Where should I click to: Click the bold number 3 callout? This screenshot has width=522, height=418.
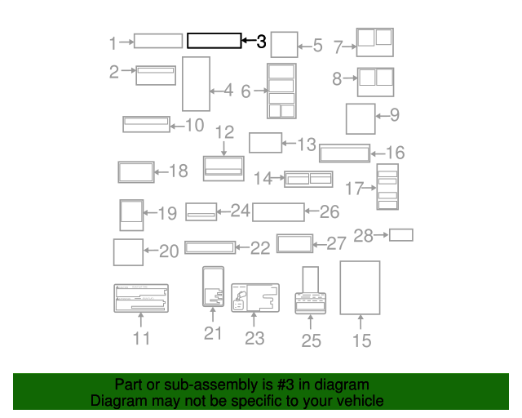click(x=261, y=42)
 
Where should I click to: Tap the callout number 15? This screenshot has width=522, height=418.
click(x=362, y=340)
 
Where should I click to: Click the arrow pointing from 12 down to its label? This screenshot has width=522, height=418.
click(x=223, y=149)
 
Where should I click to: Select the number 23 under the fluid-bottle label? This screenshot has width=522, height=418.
click(x=254, y=339)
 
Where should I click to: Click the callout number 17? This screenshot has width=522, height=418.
click(x=354, y=189)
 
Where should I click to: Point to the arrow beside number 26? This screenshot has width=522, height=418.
click(x=312, y=211)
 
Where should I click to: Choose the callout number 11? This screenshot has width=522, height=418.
click(x=141, y=338)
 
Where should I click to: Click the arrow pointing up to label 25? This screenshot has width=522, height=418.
click(x=310, y=322)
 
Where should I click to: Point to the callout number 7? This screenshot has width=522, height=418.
click(x=338, y=47)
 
